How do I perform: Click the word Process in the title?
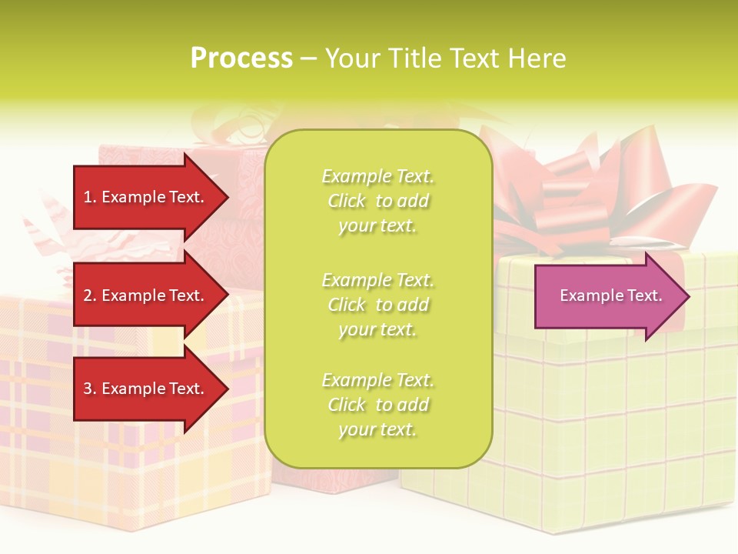(241, 58)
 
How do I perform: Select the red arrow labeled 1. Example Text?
(146, 197)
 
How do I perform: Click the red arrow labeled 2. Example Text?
(146, 295)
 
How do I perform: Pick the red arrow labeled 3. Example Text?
(146, 389)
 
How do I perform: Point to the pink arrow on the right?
(607, 296)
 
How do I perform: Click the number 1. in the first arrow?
(90, 197)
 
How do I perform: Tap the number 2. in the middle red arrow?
(90, 295)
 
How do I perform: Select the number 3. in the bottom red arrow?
(90, 389)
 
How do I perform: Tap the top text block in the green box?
(377, 201)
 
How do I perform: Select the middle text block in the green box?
(377, 305)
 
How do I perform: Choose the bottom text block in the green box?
(377, 405)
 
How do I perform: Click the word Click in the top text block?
(347, 201)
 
